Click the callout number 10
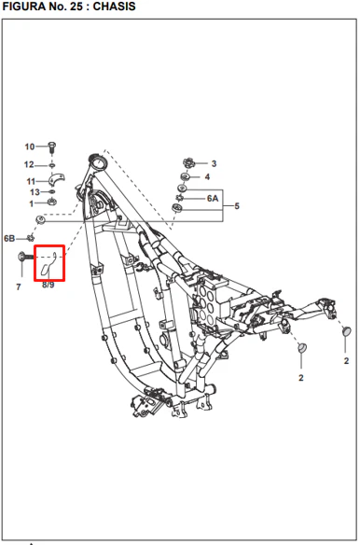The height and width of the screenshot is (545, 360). pos(30,147)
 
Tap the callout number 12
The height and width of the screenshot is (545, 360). pos(29,164)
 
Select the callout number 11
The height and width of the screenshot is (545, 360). pos(31,181)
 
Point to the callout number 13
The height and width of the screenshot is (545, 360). pos(35,192)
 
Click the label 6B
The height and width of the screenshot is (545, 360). pos(9,239)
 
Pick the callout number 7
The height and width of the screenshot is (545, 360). pos(19,286)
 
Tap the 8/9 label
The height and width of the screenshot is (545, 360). pos(48,285)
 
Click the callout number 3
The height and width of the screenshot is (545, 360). pos(214,163)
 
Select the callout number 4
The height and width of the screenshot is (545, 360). pos(207,177)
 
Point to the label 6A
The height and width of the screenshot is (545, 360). pos(213,199)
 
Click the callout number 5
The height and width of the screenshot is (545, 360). pos(237,206)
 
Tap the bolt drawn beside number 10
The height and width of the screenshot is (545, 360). pos(52,147)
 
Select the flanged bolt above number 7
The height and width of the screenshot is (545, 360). pos(25,257)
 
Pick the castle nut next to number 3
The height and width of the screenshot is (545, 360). pos(188,162)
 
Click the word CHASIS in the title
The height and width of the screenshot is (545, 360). pos(115,7)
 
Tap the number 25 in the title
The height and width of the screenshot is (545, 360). pos(76,7)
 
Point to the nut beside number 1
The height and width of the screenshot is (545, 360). pos(52,202)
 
